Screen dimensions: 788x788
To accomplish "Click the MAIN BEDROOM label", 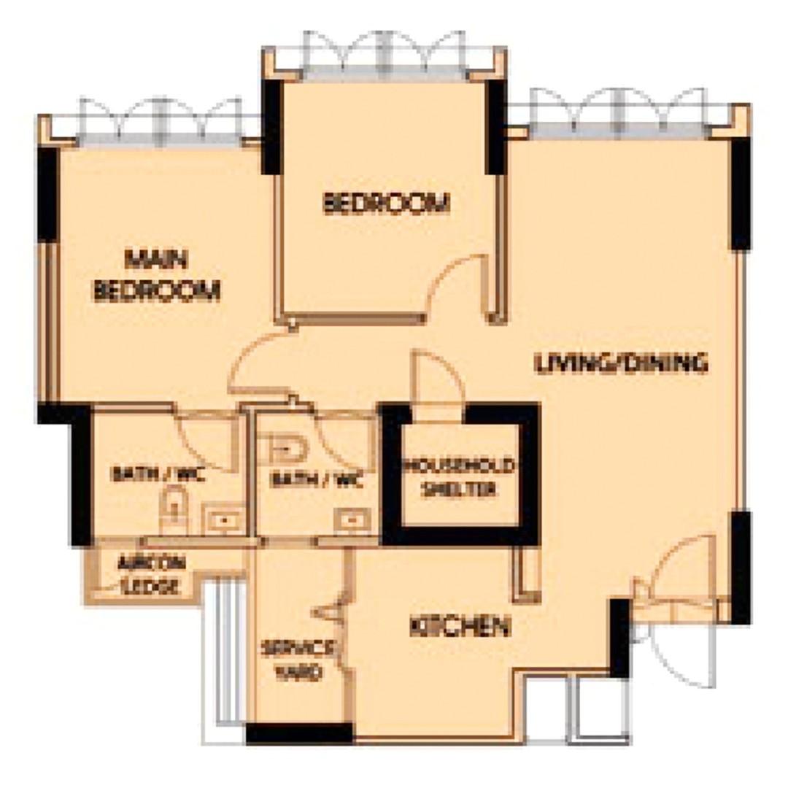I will (x=157, y=275).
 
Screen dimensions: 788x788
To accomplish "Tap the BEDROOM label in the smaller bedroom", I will (x=386, y=204).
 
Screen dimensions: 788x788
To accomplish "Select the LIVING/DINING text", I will (x=621, y=363).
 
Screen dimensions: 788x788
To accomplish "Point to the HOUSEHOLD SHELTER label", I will (x=460, y=478).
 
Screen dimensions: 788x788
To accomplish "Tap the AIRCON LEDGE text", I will (x=152, y=574).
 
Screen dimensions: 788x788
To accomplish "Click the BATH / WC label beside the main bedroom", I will (x=158, y=476).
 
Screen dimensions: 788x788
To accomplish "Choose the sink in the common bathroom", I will (x=352, y=520).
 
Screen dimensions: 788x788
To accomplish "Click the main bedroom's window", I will (x=160, y=120).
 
